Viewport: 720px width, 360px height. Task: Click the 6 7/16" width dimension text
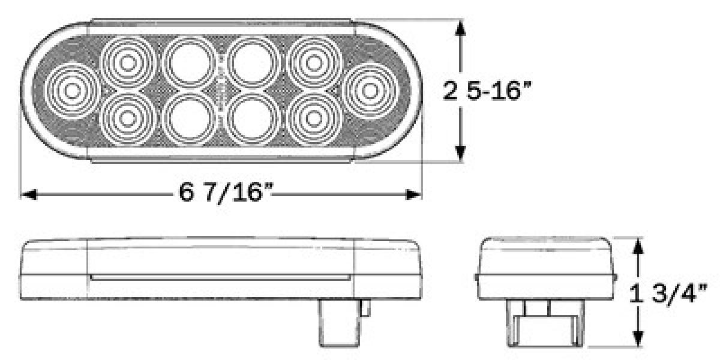point(223,193)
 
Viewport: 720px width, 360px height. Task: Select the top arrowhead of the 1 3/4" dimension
point(640,246)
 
